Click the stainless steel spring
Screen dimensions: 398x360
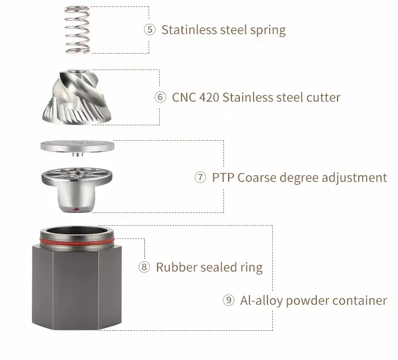(x=77, y=30)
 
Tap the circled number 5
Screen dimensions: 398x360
(x=150, y=30)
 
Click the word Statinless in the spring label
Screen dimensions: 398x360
(x=189, y=30)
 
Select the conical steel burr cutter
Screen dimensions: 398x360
(x=76, y=97)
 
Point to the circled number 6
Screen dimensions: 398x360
(x=160, y=97)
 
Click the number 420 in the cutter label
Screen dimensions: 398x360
(x=209, y=97)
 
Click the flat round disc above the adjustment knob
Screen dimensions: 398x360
(x=77, y=147)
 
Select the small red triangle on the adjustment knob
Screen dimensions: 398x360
(x=76, y=209)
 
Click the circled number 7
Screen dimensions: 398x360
(x=200, y=177)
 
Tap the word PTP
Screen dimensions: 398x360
(x=223, y=177)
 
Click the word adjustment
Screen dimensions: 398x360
(x=354, y=178)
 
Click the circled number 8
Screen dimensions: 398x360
(x=144, y=267)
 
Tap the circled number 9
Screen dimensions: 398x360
(x=228, y=300)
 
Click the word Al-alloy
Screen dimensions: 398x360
(x=261, y=301)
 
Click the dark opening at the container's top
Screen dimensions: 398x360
(x=77, y=230)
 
